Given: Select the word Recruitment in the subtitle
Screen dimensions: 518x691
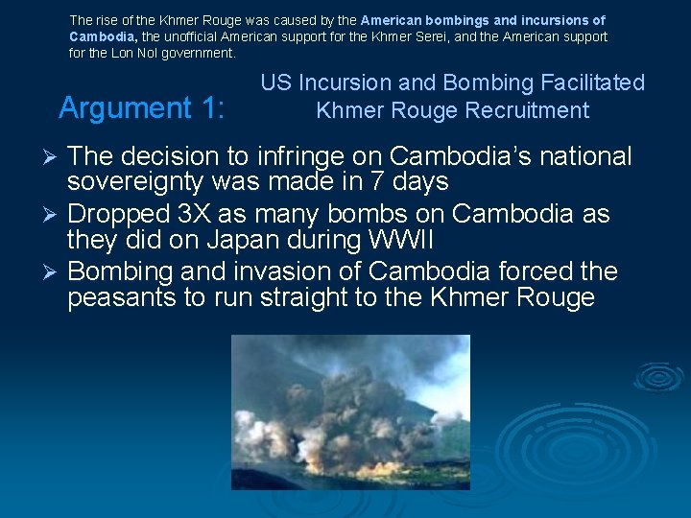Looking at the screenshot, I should (x=527, y=110).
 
